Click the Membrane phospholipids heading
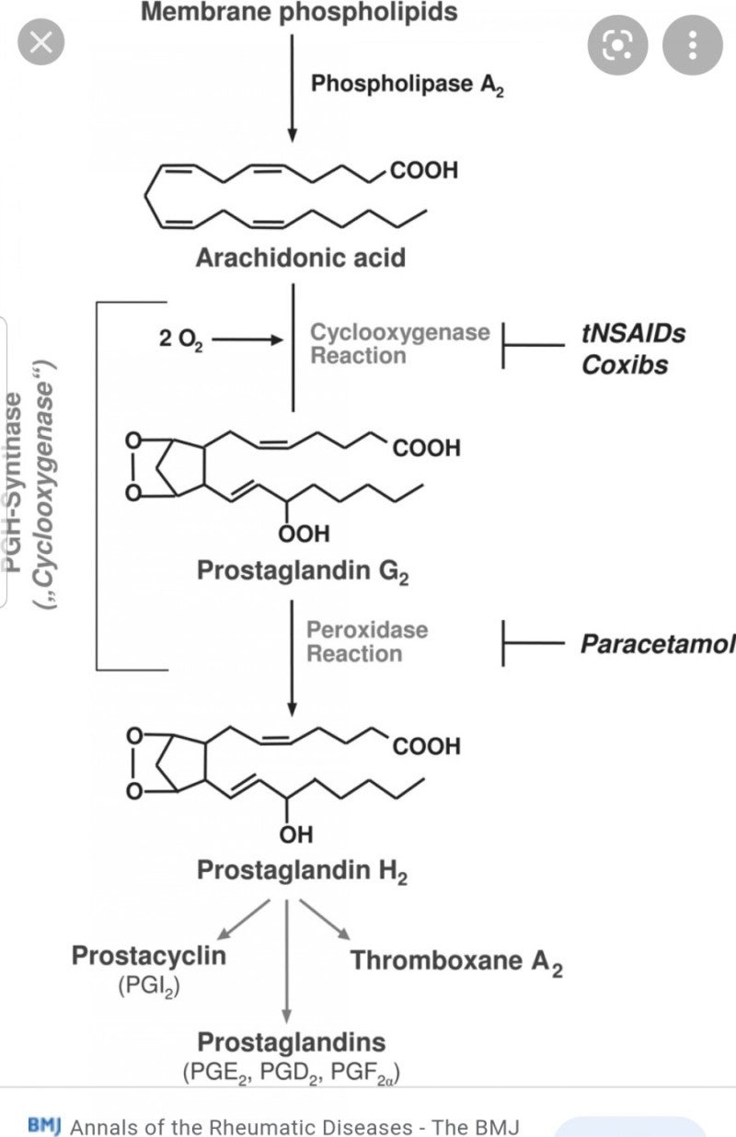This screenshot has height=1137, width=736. pyautogui.click(x=299, y=13)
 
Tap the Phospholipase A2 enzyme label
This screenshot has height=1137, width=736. pyautogui.click(x=407, y=85)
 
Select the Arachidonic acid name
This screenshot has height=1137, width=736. pyautogui.click(x=300, y=257)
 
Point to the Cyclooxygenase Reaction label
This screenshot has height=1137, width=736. pyautogui.click(x=399, y=343)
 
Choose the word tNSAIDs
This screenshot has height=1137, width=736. pyautogui.click(x=633, y=333)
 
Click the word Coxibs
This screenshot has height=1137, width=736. pyautogui.click(x=625, y=364)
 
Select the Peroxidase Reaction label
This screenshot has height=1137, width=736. pyautogui.click(x=367, y=642)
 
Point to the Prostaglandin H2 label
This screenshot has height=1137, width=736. pyautogui.click(x=302, y=870)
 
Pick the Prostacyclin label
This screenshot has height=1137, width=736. pyautogui.click(x=149, y=955)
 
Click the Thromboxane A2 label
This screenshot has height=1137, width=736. pyautogui.click(x=456, y=961)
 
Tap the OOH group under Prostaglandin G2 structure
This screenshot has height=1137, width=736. pyautogui.click(x=303, y=533)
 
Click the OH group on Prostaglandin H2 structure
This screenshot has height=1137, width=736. pyautogui.click(x=296, y=834)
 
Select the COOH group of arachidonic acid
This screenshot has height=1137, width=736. pyautogui.click(x=423, y=170)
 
